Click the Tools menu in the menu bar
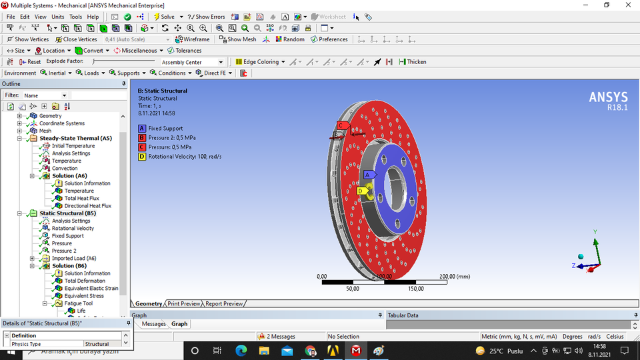tap(75, 17)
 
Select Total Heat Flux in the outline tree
tap(81, 198)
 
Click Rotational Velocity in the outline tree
tap(73, 228)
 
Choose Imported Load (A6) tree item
tap(73, 259)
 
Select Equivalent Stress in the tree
tap(84, 296)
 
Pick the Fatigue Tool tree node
tap(78, 303)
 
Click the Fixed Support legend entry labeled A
tap(165, 128)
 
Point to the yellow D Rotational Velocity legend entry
tap(184, 157)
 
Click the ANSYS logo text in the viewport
tap(607, 97)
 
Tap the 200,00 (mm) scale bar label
tap(454, 276)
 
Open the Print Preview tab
tap(184, 304)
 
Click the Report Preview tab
tap(224, 304)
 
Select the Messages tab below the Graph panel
tap(154, 324)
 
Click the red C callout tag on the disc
tap(341, 125)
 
